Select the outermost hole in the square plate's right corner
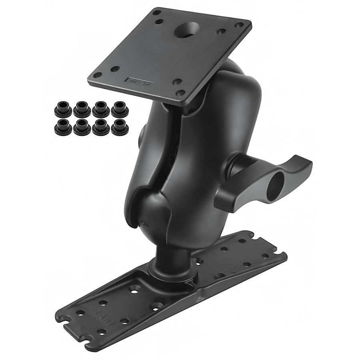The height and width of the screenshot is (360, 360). pyautogui.click(x=240, y=25)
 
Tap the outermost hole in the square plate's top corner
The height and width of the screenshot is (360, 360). pyautogui.click(x=155, y=12)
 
